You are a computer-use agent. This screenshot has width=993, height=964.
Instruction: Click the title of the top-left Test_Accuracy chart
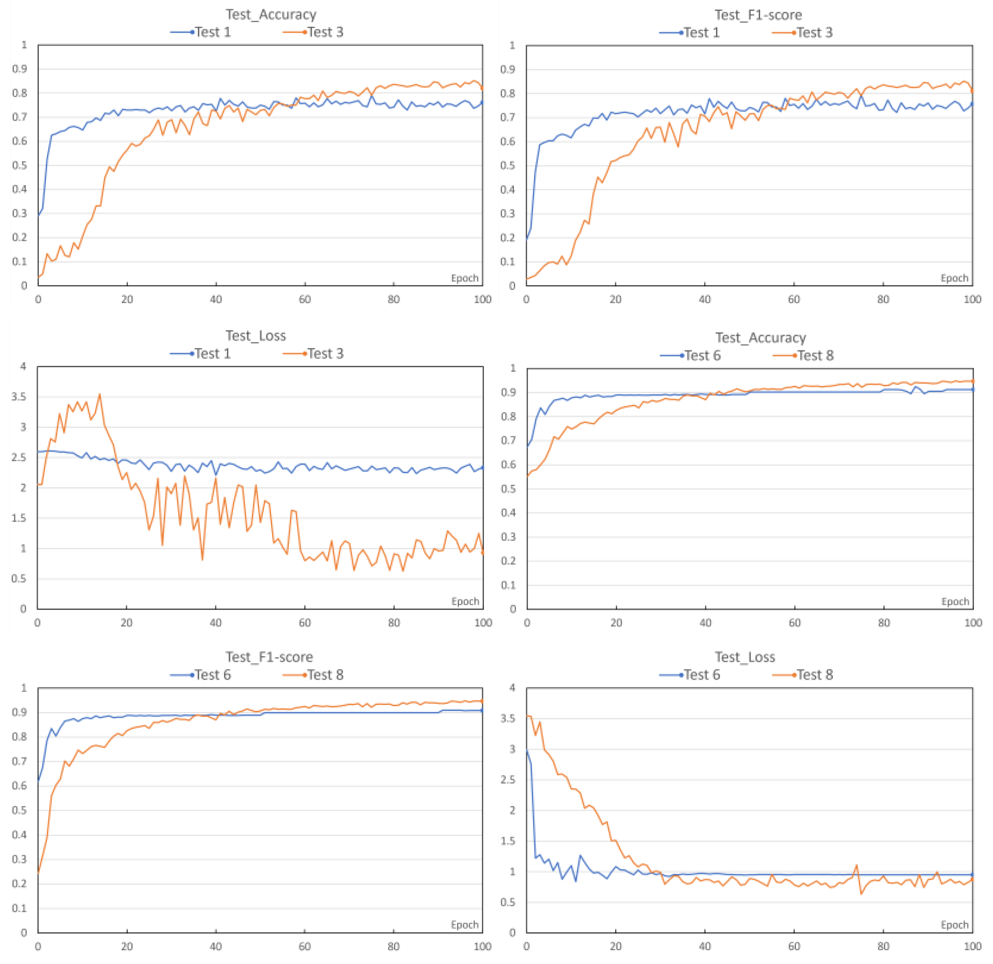tap(271, 14)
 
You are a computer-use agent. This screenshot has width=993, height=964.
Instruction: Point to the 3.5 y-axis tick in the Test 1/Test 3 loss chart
tap(18, 397)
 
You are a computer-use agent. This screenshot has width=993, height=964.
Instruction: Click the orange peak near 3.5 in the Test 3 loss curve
tap(99, 394)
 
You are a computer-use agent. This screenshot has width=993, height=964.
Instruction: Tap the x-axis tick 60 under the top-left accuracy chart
tap(305, 299)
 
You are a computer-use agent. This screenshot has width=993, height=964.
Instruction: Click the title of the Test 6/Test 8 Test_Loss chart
tap(744, 657)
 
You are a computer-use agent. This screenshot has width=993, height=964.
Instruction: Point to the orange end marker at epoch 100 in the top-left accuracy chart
tap(482, 88)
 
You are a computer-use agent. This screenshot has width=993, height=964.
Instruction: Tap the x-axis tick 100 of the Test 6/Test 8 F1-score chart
tap(482, 946)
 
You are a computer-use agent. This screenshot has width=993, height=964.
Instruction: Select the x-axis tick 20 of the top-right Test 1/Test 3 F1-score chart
tap(615, 299)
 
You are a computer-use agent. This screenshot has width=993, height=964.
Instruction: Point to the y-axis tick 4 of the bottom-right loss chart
tap(512, 688)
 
